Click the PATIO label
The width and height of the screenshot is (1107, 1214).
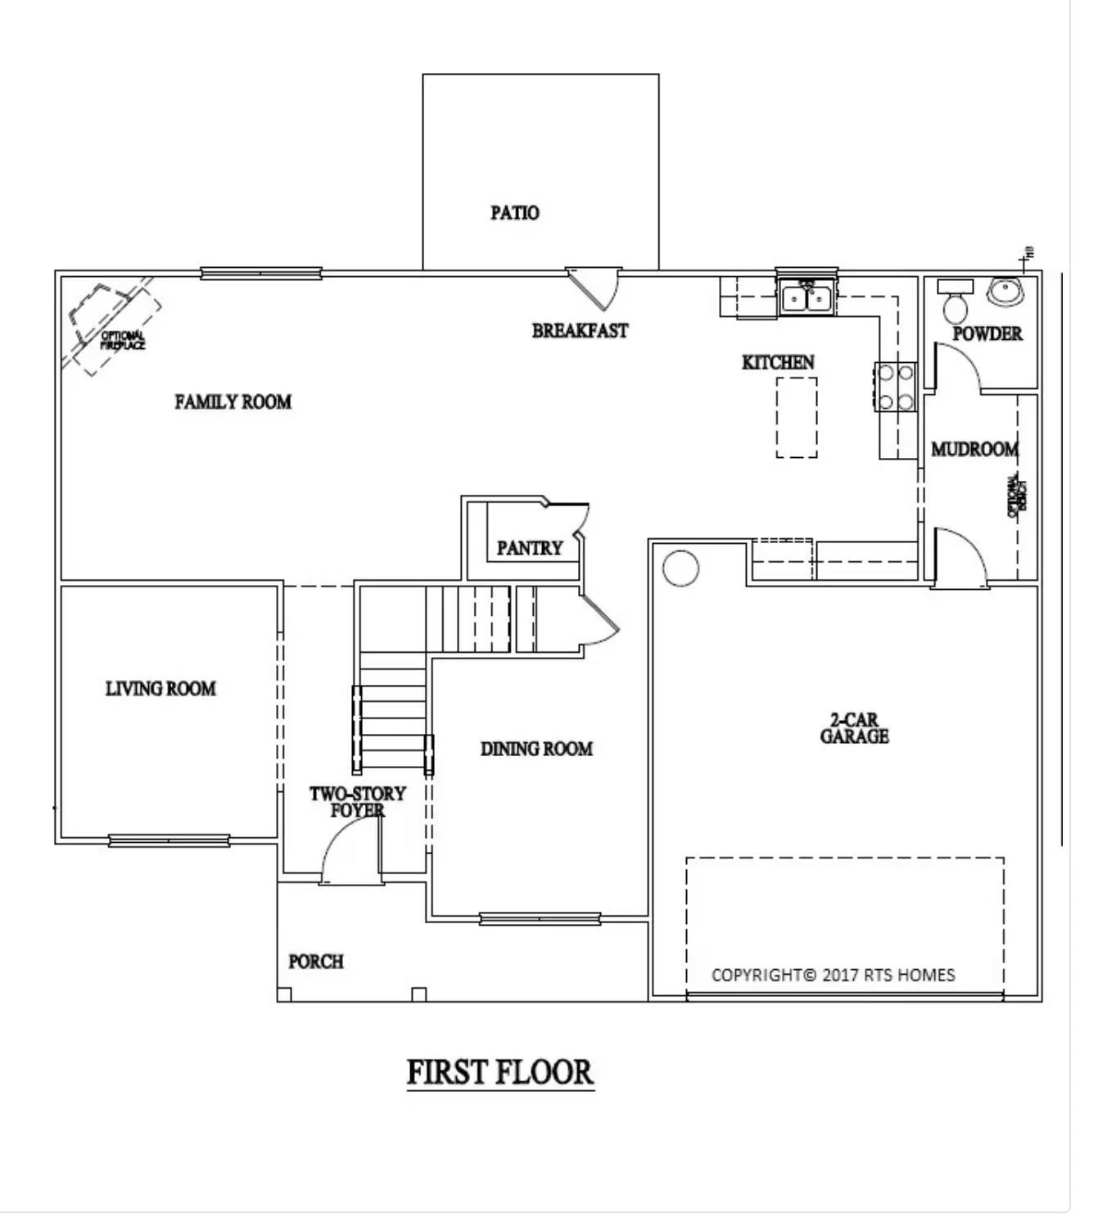(514, 213)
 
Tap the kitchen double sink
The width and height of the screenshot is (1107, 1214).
(807, 297)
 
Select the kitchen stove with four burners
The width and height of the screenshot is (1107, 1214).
(895, 387)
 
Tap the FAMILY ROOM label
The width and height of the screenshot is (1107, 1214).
(233, 401)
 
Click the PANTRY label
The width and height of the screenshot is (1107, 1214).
(530, 547)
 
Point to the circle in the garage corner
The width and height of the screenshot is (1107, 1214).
(680, 567)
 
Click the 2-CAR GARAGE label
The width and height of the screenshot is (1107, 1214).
(854, 727)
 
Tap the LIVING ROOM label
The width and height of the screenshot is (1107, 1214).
(160, 688)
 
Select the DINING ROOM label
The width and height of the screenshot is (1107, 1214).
(536, 748)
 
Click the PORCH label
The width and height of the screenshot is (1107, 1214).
(315, 961)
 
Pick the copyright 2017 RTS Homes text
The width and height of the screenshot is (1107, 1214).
(833, 975)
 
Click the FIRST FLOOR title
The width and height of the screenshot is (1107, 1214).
(499, 1072)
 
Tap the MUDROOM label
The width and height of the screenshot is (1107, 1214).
(974, 449)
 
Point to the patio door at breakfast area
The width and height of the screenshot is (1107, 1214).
(595, 288)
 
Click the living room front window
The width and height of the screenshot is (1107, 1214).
(169, 840)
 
